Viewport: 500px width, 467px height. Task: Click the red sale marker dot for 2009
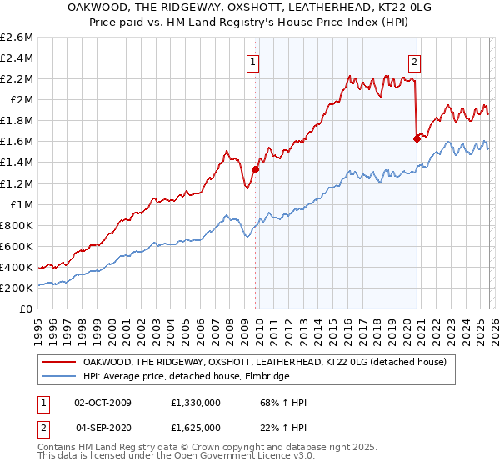255,169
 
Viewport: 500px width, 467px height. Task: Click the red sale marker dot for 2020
416,138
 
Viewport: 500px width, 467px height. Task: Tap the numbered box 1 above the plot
252,60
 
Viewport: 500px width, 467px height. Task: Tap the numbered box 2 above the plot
413,60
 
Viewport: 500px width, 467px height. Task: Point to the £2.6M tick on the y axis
17,38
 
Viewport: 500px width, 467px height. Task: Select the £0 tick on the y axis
26,309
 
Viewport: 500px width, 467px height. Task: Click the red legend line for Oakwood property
58,362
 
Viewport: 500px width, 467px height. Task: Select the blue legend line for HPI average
58,377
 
